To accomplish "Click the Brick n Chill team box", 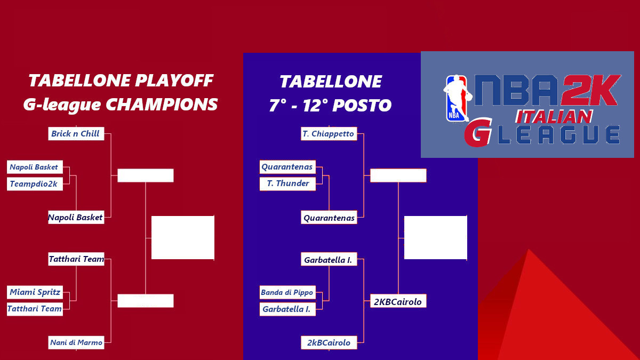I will click(x=76, y=134).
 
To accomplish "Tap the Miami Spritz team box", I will click(x=35, y=292).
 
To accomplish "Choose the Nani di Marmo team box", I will click(x=76, y=342).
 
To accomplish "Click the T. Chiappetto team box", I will click(x=329, y=134).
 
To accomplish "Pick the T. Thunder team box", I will click(x=288, y=183).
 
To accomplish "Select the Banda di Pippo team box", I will click(x=287, y=292).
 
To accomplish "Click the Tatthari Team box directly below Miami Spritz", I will click(x=35, y=309).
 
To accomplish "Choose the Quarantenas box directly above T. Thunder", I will click(x=287, y=167).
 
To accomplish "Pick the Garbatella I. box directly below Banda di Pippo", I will click(x=287, y=309).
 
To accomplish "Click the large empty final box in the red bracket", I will click(x=182, y=237).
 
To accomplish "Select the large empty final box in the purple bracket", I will click(x=435, y=237).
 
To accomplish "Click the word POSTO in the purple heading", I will click(x=362, y=106).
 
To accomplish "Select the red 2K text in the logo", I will click(x=589, y=91).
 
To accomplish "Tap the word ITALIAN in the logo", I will click(x=554, y=117).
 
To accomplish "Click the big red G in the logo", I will click(x=478, y=134).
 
